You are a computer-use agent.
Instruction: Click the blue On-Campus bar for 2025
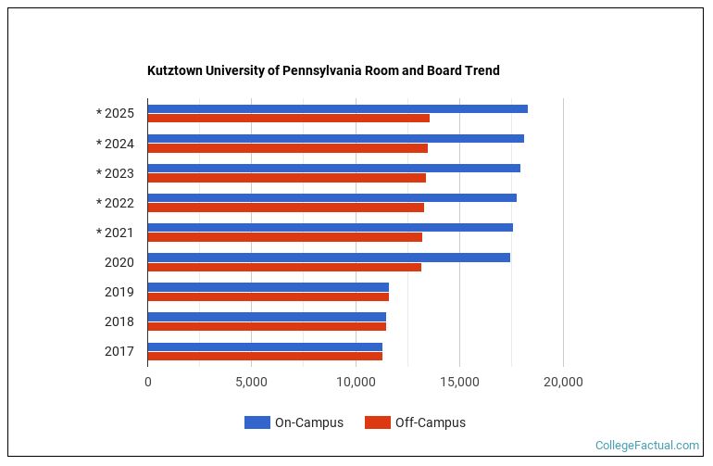coord(337,109)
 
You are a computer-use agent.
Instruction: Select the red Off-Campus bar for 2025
coord(288,119)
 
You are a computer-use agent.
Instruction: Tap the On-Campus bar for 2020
coord(329,258)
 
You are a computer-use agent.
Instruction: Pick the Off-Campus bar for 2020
coord(284,267)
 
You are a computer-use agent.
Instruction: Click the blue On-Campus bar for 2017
coord(265,346)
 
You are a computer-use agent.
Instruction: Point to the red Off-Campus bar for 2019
coord(268,296)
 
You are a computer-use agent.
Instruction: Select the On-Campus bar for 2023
coord(333,169)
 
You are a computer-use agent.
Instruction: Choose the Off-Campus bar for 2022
coord(285,208)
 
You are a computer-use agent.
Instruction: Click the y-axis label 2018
coord(119,321)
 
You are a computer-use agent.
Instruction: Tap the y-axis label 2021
coord(119,233)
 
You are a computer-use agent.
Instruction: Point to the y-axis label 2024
coord(119,144)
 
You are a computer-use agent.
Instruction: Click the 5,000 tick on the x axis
coord(251,382)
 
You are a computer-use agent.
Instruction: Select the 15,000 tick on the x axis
coord(459,382)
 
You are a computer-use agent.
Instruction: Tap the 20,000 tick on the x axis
coord(563,382)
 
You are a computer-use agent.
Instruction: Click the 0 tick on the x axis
coord(147,382)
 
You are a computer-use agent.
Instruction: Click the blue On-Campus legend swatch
coord(256,422)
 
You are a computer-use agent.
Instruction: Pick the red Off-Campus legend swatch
coord(377,422)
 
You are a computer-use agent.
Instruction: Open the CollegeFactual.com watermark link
coord(646,446)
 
